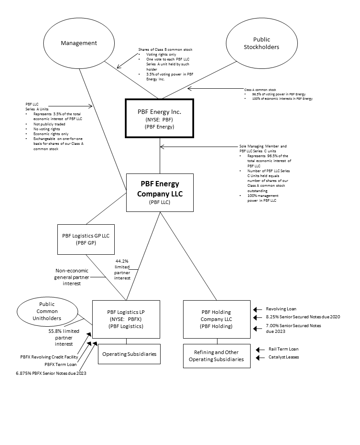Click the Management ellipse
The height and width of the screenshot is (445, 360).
pyautogui.click(x=79, y=43)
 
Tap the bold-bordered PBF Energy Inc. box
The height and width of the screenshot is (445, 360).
pyautogui.click(x=160, y=119)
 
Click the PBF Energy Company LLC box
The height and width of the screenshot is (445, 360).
pyautogui.click(x=160, y=192)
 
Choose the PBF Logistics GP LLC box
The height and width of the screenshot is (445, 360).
pyautogui.click(x=86, y=239)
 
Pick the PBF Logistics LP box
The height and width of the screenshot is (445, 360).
pyautogui.click(x=127, y=319)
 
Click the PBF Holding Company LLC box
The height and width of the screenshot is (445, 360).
pyautogui.click(x=216, y=319)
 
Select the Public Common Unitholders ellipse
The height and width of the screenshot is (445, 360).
pyautogui.click(x=44, y=312)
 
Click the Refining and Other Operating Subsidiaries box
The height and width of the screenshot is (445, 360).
pyautogui.click(x=216, y=355)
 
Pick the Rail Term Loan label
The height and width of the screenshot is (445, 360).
pyautogui.click(x=283, y=349)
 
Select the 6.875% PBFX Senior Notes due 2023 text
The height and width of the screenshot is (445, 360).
pyautogui.click(x=51, y=373)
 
